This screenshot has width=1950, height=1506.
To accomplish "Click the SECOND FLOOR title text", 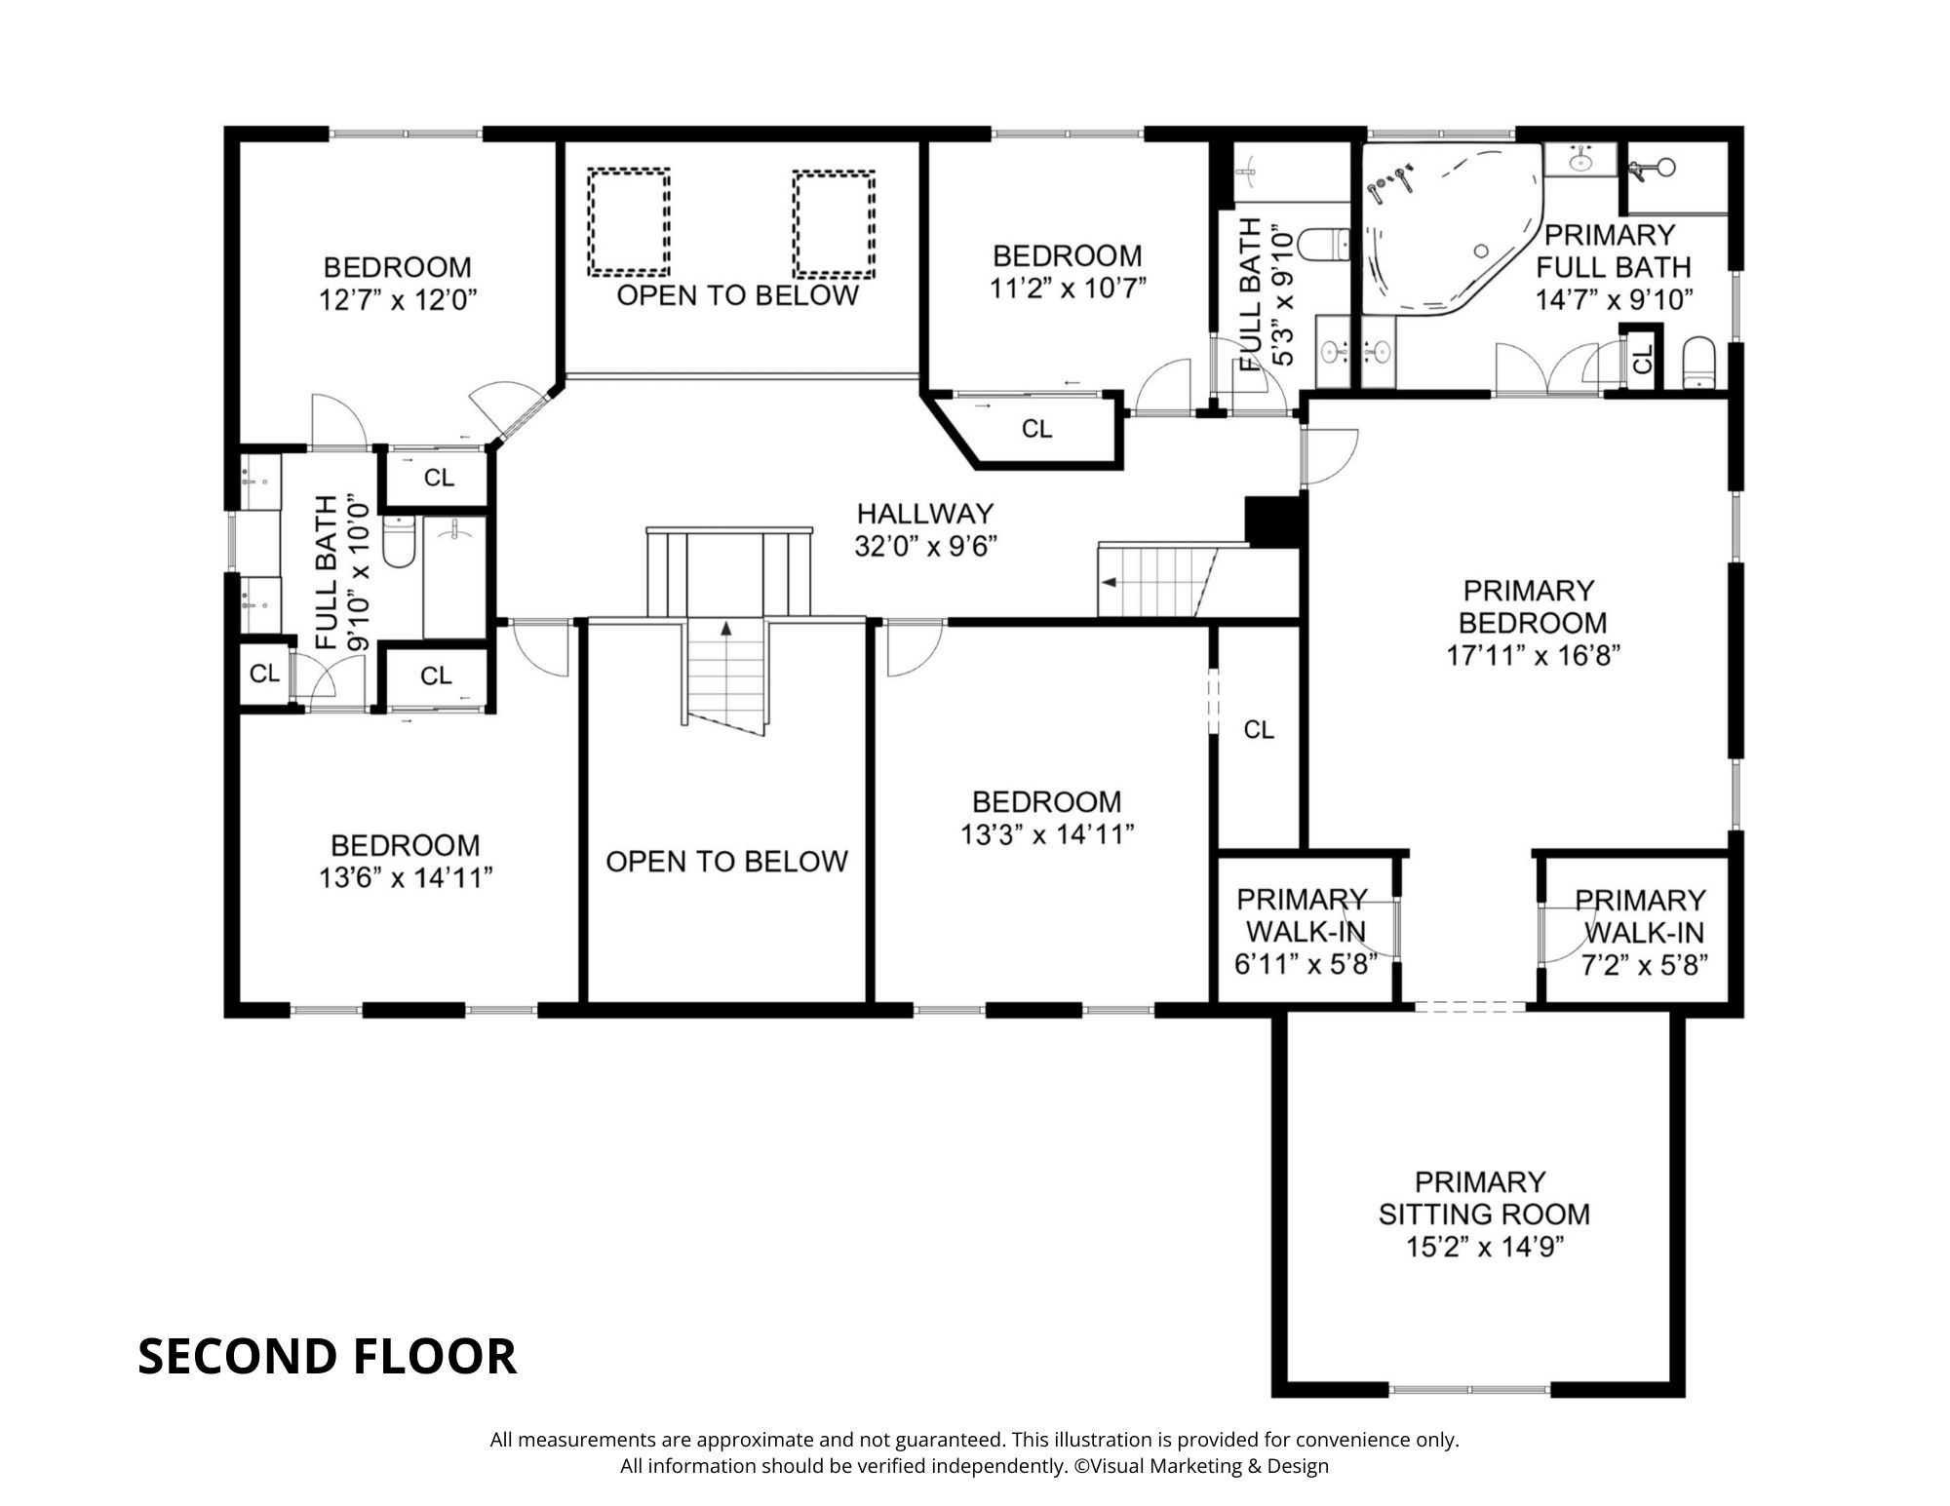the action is click(327, 1356).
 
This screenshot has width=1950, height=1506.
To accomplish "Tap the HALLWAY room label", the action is click(924, 514).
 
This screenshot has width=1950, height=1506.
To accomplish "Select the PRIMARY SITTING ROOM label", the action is click(1484, 1198).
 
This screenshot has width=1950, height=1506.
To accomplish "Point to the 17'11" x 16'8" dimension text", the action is click(1533, 655).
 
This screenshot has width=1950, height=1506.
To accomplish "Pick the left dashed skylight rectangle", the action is click(629, 222).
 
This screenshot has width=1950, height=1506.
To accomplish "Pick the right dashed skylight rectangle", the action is click(834, 225).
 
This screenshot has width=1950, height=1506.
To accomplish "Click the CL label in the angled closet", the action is click(1036, 429).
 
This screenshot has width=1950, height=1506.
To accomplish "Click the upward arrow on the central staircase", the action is click(725, 629).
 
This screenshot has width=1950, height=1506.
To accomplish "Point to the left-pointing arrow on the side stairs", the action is click(1109, 583).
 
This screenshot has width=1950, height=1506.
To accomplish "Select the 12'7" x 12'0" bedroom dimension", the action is click(398, 299).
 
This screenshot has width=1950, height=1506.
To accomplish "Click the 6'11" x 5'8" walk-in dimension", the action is click(1306, 964).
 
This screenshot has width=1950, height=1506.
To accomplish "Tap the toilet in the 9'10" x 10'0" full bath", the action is click(399, 542).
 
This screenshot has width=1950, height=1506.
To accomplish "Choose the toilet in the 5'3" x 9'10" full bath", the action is click(1326, 244).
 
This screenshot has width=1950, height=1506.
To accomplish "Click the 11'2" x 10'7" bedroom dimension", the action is click(1068, 288).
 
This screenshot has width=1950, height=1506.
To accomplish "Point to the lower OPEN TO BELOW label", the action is click(726, 862).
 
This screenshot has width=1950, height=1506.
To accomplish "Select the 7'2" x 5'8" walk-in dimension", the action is click(1644, 964).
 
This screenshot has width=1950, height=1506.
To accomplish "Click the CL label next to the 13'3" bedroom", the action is click(1259, 729).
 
